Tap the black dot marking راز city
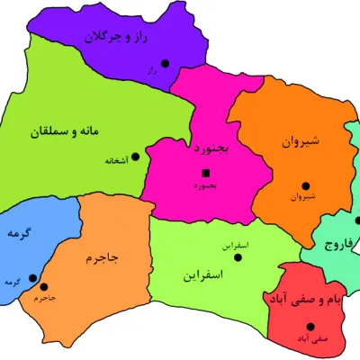[165, 63]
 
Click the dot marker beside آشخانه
[136, 157]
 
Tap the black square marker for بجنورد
[206, 172]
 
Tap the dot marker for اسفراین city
[238, 256]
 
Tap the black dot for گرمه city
[32, 277]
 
